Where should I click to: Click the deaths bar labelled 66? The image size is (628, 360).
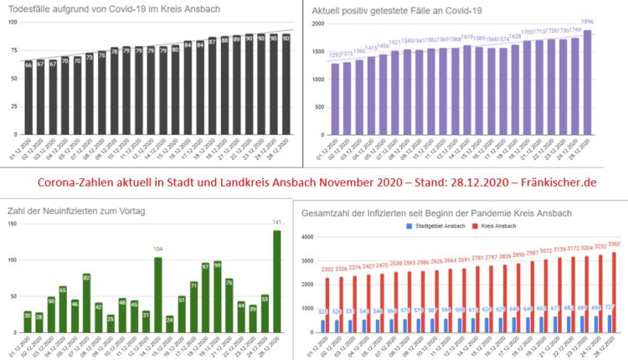[28, 99]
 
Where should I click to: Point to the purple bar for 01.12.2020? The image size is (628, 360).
[336, 99]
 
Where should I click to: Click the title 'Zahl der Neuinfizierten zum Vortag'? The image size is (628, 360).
[72, 212]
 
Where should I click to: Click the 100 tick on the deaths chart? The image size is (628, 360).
[12, 22]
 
